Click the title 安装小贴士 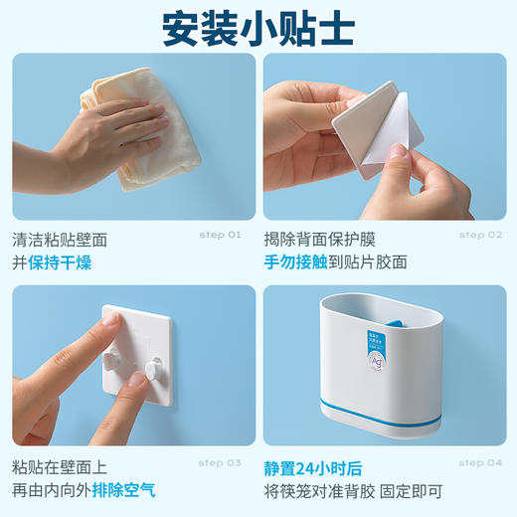[x=258, y=29]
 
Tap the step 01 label [x=220, y=235]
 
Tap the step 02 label [x=480, y=235]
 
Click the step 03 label [x=220, y=462]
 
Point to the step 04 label [x=480, y=462]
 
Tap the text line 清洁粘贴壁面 [x=60, y=239]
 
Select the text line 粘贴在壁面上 [x=60, y=465]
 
